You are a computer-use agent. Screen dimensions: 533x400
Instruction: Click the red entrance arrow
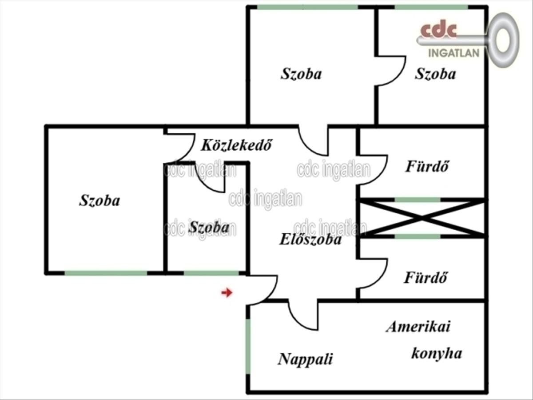[x=227, y=292]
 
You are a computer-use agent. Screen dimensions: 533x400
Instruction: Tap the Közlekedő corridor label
[x=236, y=145]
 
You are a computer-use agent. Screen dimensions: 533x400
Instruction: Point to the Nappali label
[x=305, y=359]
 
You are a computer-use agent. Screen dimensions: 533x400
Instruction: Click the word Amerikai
[x=418, y=326]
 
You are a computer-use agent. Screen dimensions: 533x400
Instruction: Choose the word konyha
[x=436, y=354]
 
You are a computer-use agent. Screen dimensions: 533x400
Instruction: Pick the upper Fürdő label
[x=427, y=166]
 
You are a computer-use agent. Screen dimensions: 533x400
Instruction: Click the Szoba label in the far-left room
[x=99, y=200]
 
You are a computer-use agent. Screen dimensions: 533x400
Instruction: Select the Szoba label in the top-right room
[x=435, y=74]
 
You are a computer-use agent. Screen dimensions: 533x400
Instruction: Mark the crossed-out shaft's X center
[x=422, y=218]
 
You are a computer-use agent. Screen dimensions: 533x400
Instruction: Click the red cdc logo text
[x=438, y=31]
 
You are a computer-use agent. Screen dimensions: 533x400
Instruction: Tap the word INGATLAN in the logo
[x=453, y=53]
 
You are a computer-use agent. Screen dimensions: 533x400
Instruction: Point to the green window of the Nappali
[x=248, y=347]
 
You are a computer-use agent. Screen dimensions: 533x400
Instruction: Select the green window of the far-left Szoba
[x=106, y=273]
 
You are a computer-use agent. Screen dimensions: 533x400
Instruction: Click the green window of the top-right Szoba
[x=431, y=7]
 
